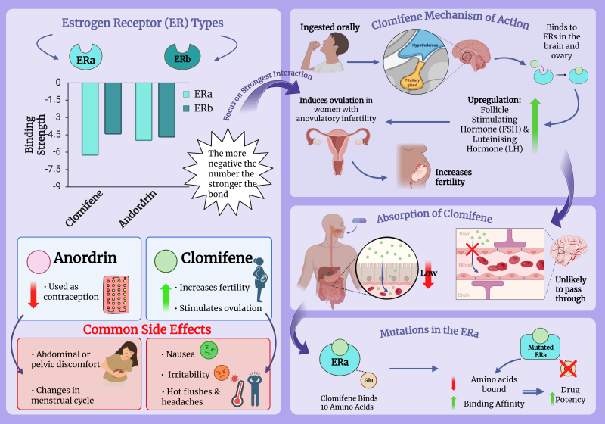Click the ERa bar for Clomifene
pyautogui.click(x=89, y=118)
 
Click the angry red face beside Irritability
pyautogui.click(x=220, y=372)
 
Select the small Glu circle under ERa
pyautogui.click(x=369, y=380)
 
